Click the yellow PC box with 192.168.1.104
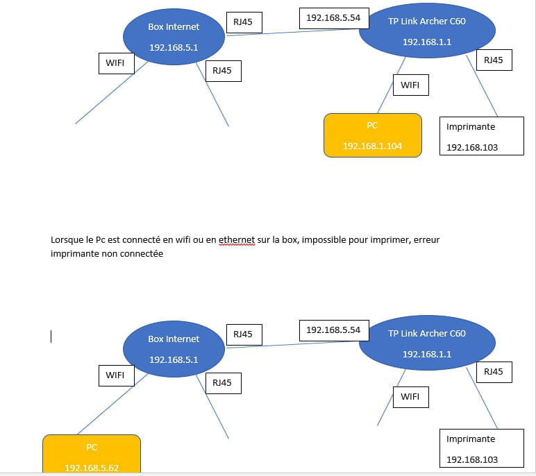click(x=373, y=135)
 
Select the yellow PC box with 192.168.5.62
click(x=92, y=454)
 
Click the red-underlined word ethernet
click(x=237, y=240)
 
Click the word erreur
click(x=426, y=240)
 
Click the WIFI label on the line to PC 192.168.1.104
click(x=410, y=85)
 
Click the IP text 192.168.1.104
click(x=372, y=146)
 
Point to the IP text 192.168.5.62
click(x=92, y=468)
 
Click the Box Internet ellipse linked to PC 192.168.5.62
click(x=174, y=349)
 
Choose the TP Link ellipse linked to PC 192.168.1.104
click(x=427, y=31)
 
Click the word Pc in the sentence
click(x=100, y=240)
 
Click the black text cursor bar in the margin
click(x=51, y=337)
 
